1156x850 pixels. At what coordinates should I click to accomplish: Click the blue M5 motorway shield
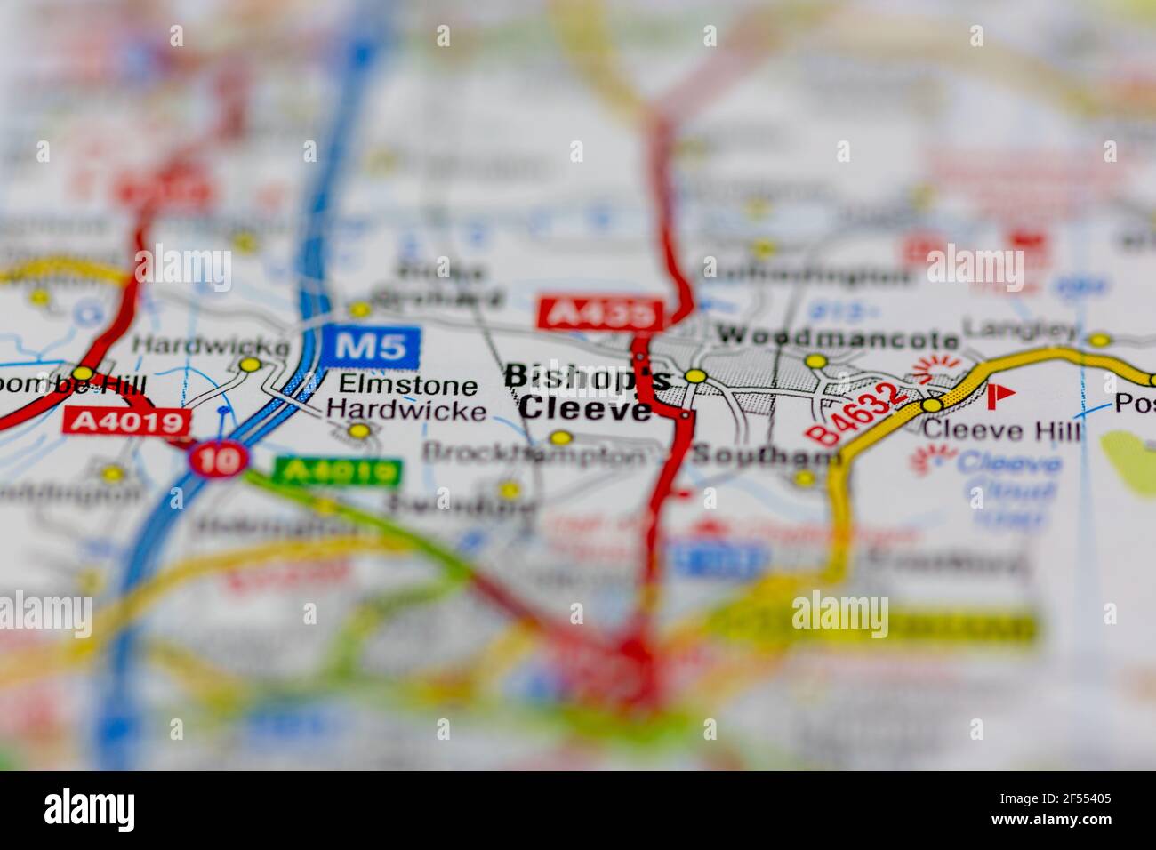(x=371, y=346)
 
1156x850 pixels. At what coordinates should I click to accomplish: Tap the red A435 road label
(x=601, y=313)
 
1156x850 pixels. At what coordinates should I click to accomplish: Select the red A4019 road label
(x=127, y=421)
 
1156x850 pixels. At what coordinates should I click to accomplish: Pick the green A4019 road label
(x=338, y=470)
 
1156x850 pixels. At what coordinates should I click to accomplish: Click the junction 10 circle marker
(x=207, y=459)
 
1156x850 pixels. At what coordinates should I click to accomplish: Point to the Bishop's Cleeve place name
(x=586, y=392)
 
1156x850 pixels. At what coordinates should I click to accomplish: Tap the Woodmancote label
(x=839, y=337)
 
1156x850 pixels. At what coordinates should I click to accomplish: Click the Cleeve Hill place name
(x=1002, y=431)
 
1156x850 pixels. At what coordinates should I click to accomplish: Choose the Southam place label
(x=766, y=456)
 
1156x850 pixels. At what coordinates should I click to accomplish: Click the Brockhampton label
(x=534, y=453)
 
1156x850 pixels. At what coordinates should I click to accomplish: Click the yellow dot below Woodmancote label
(x=815, y=361)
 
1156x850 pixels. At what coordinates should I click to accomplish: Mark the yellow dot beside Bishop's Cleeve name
(x=696, y=376)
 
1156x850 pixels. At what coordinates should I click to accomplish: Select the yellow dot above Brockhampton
(x=560, y=437)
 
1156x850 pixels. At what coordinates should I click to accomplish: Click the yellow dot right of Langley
(x=1100, y=340)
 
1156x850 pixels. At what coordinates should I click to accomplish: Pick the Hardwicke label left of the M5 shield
(x=211, y=344)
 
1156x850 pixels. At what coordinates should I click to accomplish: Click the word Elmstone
(x=407, y=386)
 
